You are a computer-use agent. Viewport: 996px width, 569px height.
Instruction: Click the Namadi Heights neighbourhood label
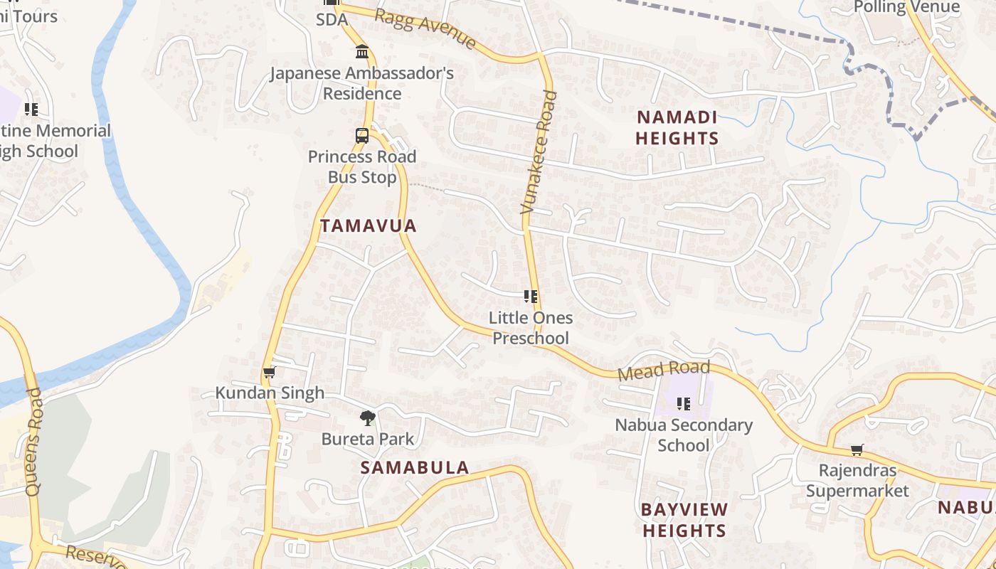(677, 127)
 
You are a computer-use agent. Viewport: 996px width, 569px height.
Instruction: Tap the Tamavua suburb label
(368, 226)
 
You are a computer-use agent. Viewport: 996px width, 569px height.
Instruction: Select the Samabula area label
(414, 467)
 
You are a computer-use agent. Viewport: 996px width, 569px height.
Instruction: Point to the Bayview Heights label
(684, 520)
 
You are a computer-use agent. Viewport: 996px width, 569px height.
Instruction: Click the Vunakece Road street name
(539, 152)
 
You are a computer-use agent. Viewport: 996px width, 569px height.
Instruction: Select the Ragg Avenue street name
(425, 29)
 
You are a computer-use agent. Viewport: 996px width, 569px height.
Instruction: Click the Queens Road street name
(33, 442)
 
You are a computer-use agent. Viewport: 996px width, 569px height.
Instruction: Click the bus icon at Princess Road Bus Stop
(362, 136)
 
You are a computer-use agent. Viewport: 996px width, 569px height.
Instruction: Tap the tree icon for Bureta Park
(367, 418)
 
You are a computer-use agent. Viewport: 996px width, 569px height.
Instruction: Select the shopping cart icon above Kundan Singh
(269, 373)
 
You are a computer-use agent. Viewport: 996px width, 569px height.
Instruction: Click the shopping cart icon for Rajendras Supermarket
(857, 450)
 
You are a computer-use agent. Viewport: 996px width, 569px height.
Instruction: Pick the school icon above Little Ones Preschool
(530, 297)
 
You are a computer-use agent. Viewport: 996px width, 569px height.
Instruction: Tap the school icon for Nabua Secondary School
(684, 404)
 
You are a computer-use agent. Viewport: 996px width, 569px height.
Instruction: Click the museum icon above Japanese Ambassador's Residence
(362, 52)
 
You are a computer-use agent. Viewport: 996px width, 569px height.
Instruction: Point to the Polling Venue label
(906, 7)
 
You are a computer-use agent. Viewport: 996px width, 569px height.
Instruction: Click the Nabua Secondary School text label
(684, 435)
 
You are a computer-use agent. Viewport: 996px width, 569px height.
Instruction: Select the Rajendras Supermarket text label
(857, 481)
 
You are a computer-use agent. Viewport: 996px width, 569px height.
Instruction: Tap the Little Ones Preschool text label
(531, 328)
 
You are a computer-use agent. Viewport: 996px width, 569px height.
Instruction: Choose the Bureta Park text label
(367, 439)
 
